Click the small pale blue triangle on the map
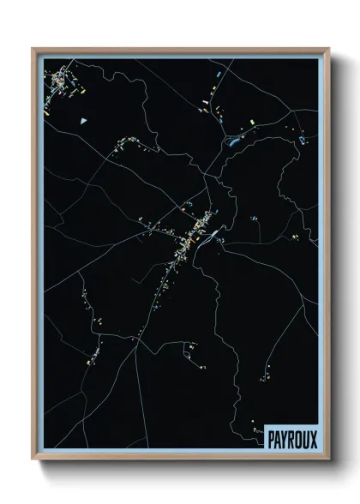83,121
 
